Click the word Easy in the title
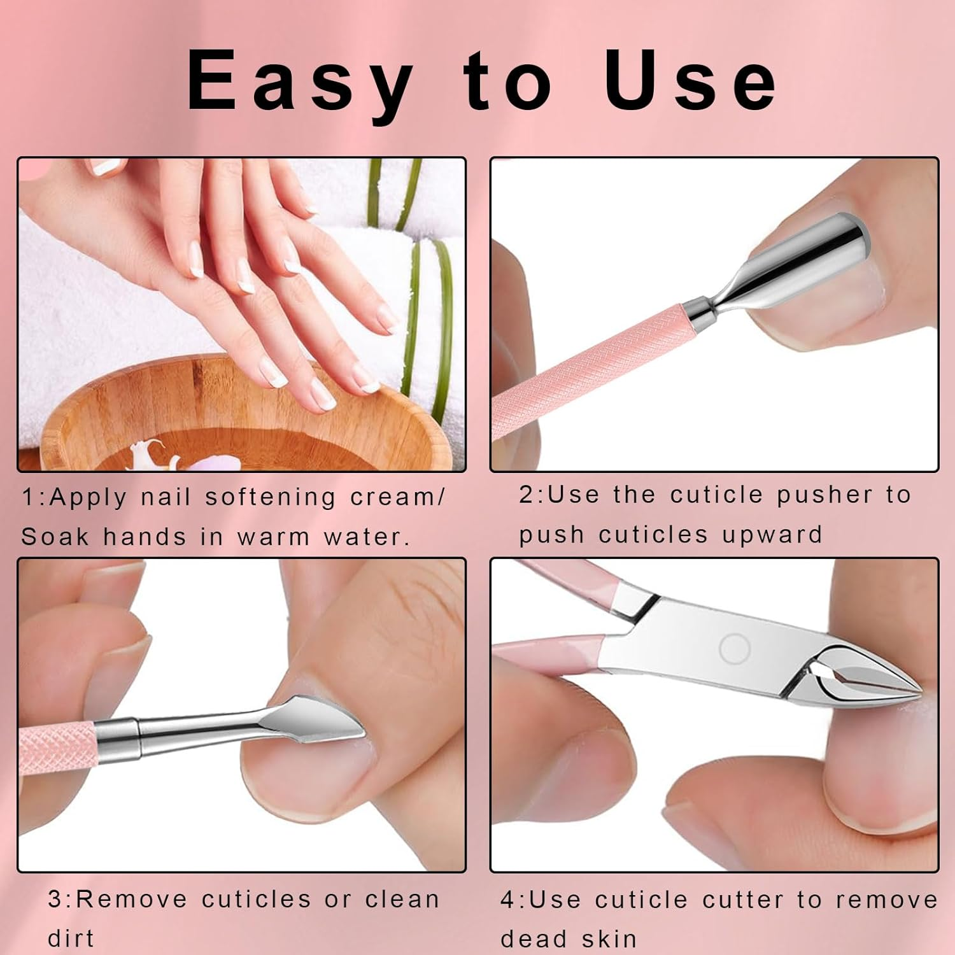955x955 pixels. [299, 83]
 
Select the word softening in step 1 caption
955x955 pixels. [270, 497]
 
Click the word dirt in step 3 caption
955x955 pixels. [71, 938]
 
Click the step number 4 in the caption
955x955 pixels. [507, 900]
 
